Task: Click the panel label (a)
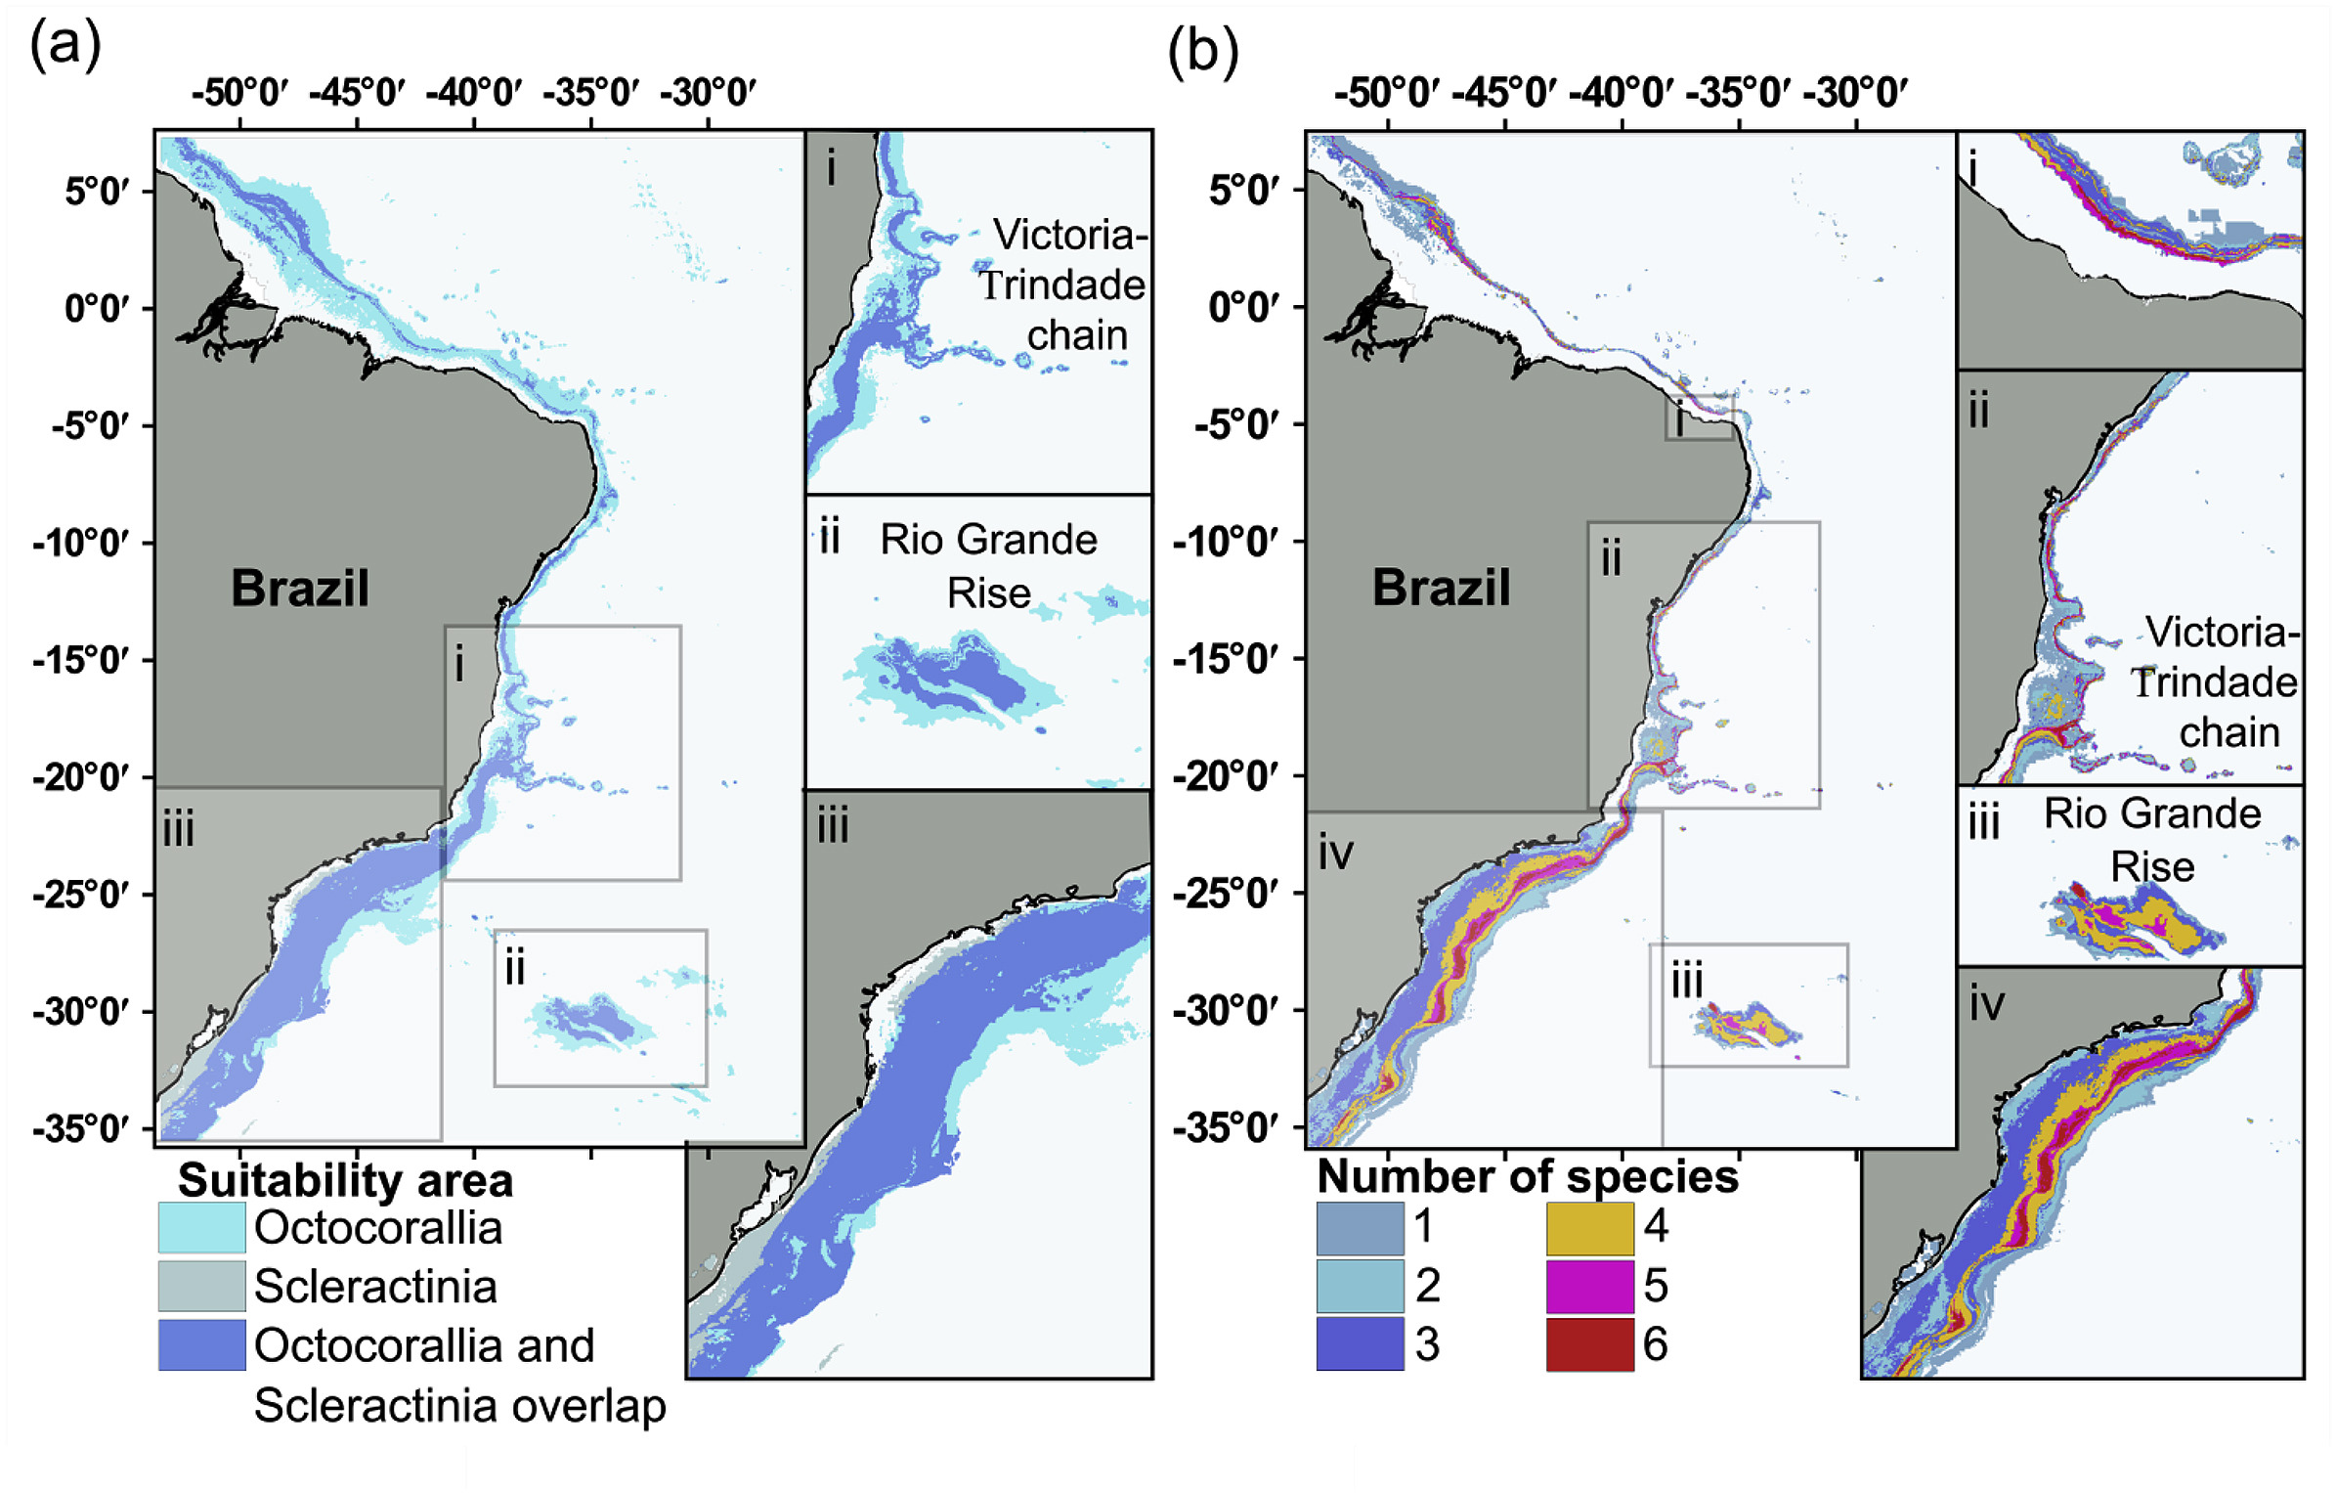(65, 45)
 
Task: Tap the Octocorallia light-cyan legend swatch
(201, 1227)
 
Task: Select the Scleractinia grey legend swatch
(201, 1286)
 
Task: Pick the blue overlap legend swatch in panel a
(201, 1344)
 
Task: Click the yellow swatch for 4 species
(1589, 1227)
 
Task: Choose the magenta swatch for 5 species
(1589, 1286)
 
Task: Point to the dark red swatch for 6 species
(1589, 1344)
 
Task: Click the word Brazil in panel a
(300, 589)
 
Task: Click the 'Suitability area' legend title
(345, 1180)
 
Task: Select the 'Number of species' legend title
(1528, 1176)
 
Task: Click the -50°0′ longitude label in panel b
(1387, 94)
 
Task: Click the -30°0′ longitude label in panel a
(708, 94)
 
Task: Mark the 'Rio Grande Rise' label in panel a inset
(988, 565)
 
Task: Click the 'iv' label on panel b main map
(1335, 854)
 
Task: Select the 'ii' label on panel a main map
(515, 968)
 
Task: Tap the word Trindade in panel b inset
(2214, 682)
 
